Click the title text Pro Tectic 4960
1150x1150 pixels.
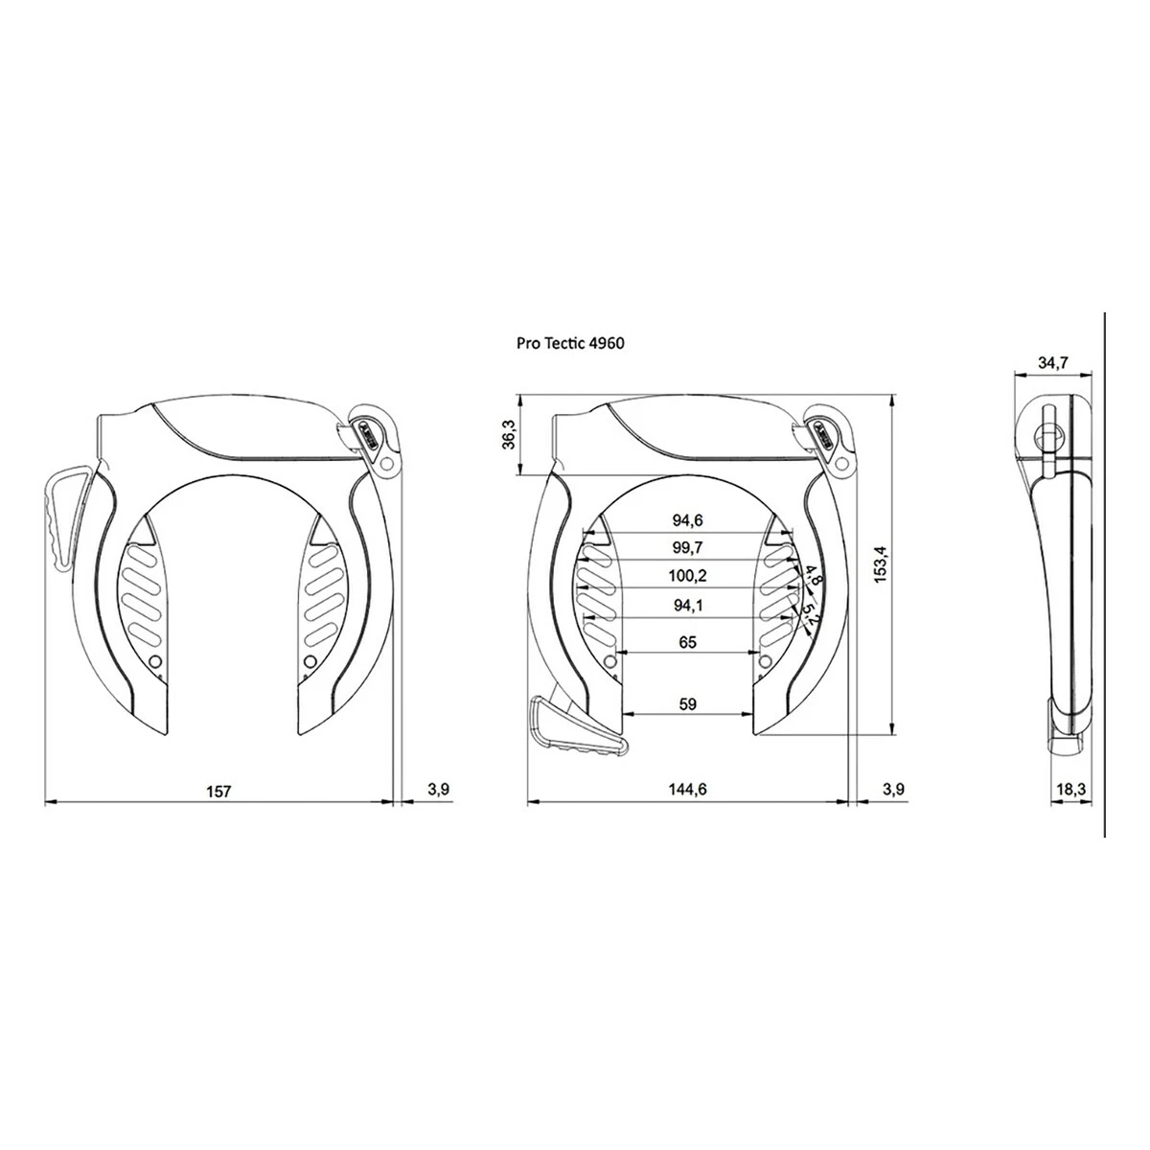pos(570,344)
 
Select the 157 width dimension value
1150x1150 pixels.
pos(218,792)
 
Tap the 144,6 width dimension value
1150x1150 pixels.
pos(687,789)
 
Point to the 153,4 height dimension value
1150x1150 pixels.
pos(882,563)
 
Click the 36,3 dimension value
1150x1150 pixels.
pos(509,434)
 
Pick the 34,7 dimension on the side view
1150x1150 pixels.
pos(1052,362)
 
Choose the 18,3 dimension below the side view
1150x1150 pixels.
pos(1070,789)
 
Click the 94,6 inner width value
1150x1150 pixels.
pos(687,519)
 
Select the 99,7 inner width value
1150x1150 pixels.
pos(687,547)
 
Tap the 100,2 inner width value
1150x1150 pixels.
pos(687,575)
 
